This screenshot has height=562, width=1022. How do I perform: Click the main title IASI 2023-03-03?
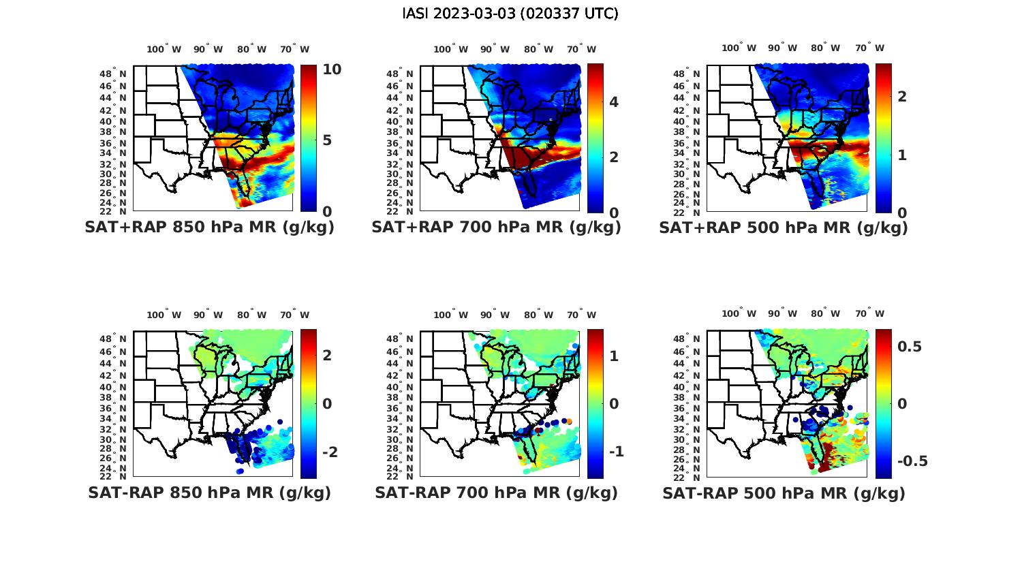click(510, 14)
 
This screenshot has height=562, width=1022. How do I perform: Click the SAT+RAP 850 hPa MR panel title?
click(209, 228)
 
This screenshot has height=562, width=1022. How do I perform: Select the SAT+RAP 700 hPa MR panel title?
click(496, 228)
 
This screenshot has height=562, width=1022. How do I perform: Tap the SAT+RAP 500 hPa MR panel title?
click(784, 228)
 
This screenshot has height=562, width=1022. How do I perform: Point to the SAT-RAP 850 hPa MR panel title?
click(209, 493)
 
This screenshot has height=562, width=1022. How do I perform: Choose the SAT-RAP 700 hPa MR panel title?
click(496, 493)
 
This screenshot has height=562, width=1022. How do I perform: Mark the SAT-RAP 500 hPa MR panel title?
click(784, 493)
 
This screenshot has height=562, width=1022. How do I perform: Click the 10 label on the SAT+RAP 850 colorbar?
click(332, 69)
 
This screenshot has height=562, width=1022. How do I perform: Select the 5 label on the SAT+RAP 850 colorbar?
click(327, 140)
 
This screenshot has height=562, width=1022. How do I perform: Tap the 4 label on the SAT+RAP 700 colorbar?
click(614, 102)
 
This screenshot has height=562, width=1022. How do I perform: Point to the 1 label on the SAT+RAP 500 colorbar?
click(902, 155)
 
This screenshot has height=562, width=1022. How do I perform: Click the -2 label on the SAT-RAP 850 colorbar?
click(330, 452)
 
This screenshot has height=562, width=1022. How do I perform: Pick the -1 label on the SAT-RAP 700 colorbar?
click(617, 452)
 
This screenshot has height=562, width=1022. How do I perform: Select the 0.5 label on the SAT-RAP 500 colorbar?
click(910, 347)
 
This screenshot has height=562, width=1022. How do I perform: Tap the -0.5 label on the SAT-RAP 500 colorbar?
click(912, 461)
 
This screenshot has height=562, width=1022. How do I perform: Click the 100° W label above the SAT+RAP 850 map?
click(164, 49)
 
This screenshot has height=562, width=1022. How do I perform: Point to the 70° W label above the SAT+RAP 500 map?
click(870, 48)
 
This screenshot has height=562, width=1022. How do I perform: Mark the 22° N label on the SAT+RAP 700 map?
click(401, 211)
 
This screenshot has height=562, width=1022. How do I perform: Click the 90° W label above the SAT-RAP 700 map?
click(495, 315)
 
